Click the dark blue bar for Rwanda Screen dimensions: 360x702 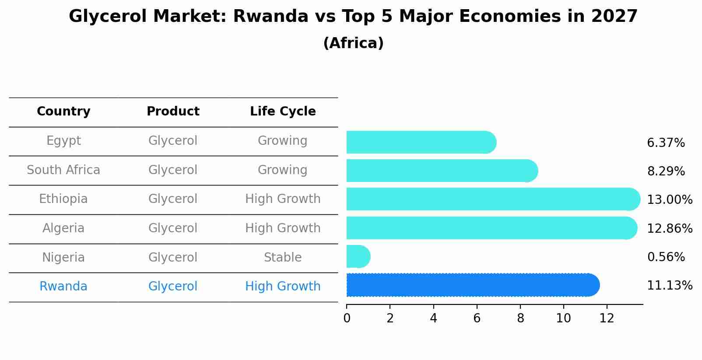(473, 285)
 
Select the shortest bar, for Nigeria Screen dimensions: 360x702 (358, 256)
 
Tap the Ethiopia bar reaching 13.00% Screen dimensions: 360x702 (493, 199)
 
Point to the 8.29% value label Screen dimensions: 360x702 (666, 171)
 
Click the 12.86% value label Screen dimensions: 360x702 (669, 228)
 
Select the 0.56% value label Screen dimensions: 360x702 (666, 257)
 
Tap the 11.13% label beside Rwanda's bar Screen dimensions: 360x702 (669, 286)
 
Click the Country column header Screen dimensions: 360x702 (63, 112)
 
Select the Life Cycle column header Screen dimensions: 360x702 (283, 112)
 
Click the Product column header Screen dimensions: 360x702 (173, 112)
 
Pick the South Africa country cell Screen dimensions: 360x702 (63, 170)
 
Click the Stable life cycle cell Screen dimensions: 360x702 (283, 257)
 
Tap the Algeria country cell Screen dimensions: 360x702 (63, 228)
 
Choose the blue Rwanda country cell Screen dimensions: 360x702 (63, 286)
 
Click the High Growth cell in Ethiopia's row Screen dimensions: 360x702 (283, 199)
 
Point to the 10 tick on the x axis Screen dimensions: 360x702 (563, 318)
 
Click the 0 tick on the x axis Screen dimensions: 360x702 (347, 318)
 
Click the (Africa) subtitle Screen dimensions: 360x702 (353, 43)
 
